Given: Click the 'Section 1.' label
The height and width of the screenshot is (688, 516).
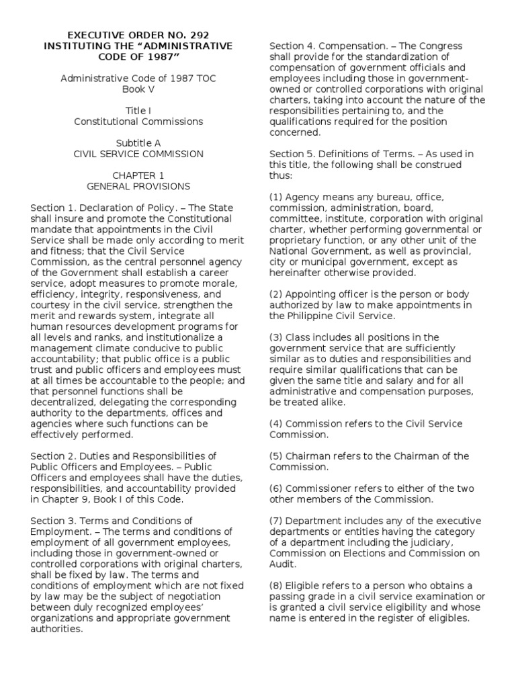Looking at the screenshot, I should point(52,208).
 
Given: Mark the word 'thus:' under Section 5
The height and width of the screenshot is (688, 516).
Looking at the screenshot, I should point(282,175).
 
